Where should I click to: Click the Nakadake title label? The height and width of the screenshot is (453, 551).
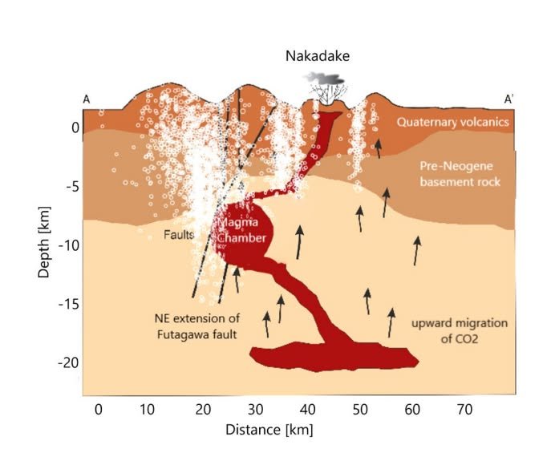(321, 55)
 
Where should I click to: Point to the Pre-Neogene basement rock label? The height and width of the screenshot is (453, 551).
(460, 174)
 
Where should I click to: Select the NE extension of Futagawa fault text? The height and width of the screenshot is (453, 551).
(196, 326)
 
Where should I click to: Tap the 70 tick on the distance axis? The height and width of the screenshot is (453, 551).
(465, 408)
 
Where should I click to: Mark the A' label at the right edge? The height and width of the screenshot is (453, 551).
(508, 99)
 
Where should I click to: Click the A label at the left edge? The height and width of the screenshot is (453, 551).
(86, 99)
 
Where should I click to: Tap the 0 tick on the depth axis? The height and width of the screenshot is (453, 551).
(75, 127)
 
